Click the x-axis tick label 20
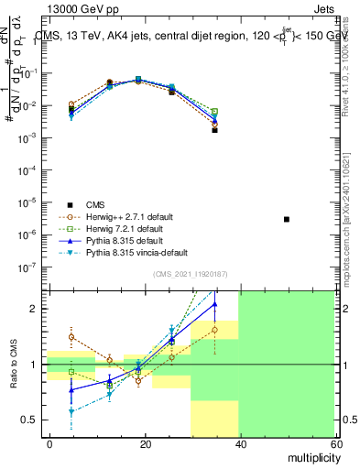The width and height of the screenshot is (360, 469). pyautogui.click(x=145, y=443)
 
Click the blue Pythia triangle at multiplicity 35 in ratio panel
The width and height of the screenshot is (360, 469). pyautogui.click(x=214, y=304)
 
